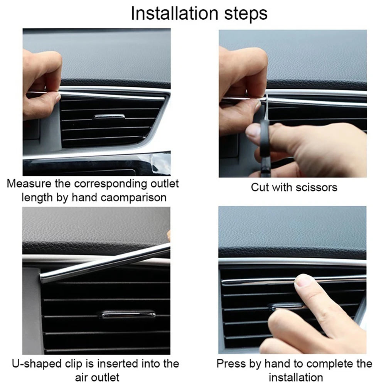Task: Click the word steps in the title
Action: [x=244, y=14]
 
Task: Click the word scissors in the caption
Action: [x=316, y=187]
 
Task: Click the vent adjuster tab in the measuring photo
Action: [x=110, y=116]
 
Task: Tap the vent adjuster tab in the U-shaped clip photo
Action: [x=127, y=314]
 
